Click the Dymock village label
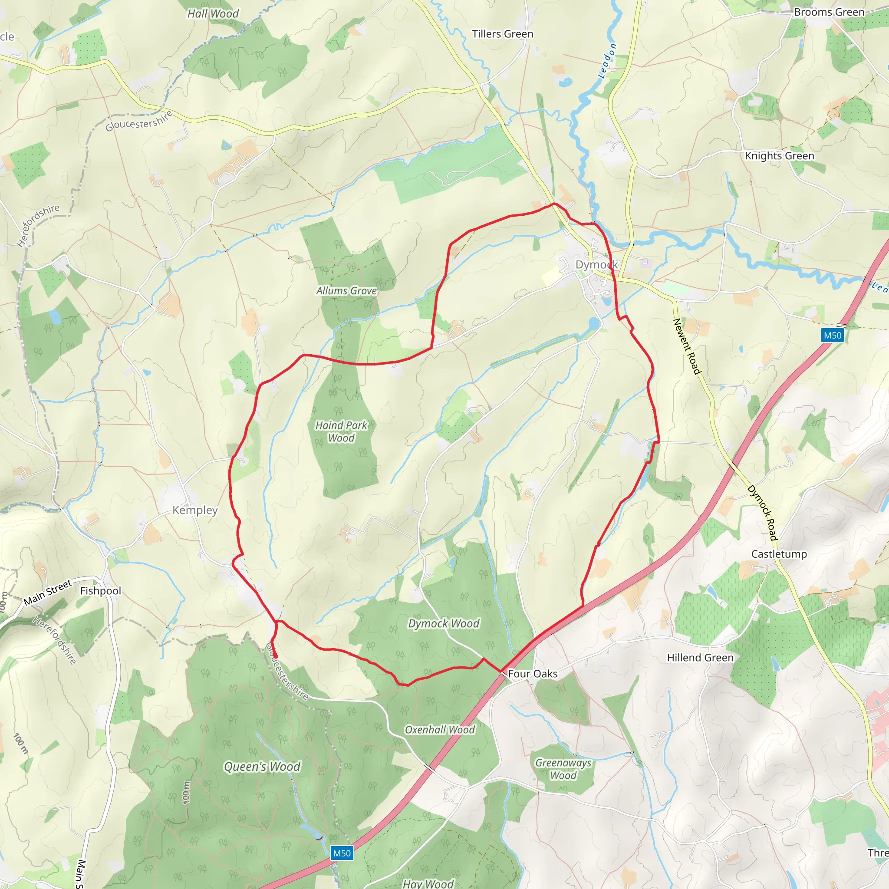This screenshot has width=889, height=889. [596, 265]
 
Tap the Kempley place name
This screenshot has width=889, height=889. [194, 510]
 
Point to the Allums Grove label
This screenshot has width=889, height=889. [346, 291]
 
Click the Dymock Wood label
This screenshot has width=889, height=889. [444, 623]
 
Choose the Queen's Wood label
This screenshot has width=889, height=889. [262, 766]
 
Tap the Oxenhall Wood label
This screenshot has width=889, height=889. [439, 729]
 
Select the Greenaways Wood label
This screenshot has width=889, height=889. [563, 769]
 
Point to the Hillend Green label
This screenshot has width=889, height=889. [700, 658]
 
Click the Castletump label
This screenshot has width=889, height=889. [779, 554]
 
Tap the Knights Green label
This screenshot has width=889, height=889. [779, 156]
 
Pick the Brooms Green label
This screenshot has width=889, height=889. [829, 13]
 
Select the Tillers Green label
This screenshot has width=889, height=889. [503, 34]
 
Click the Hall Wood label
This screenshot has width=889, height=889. [213, 14]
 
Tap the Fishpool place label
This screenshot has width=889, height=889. [100, 591]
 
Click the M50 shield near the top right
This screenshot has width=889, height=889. [833, 335]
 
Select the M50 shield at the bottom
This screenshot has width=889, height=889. [342, 853]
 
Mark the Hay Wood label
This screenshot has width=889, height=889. [428, 883]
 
